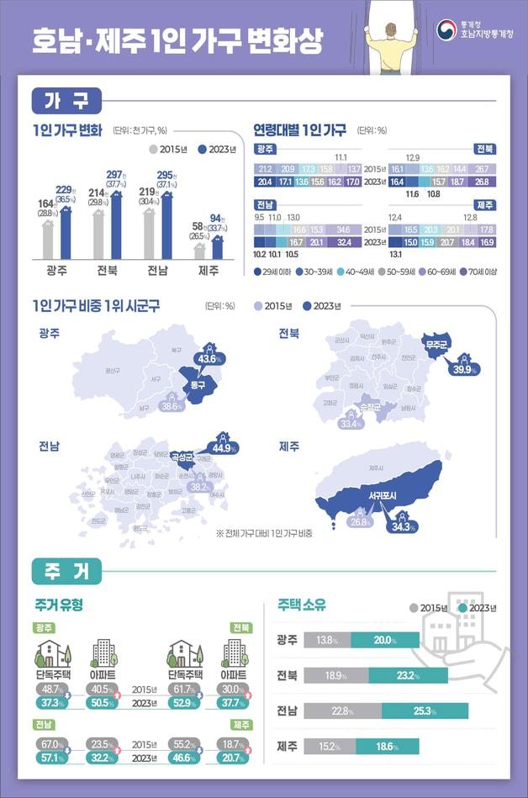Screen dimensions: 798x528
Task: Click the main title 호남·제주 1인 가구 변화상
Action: [177, 40]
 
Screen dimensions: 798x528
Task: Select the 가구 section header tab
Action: [67, 101]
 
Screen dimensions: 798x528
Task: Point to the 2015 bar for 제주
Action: [199, 251]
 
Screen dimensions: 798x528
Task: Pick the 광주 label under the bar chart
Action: [56, 271]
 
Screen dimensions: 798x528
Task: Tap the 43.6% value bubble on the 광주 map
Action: [209, 357]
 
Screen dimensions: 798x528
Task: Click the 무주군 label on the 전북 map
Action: [436, 345]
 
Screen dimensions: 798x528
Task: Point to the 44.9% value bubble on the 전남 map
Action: [222, 447]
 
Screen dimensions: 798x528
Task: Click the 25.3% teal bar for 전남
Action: [425, 711]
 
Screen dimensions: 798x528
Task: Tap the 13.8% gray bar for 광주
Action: [327, 640]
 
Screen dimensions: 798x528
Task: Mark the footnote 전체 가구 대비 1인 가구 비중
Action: [264, 533]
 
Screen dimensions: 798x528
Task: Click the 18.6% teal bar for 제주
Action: [387, 746]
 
